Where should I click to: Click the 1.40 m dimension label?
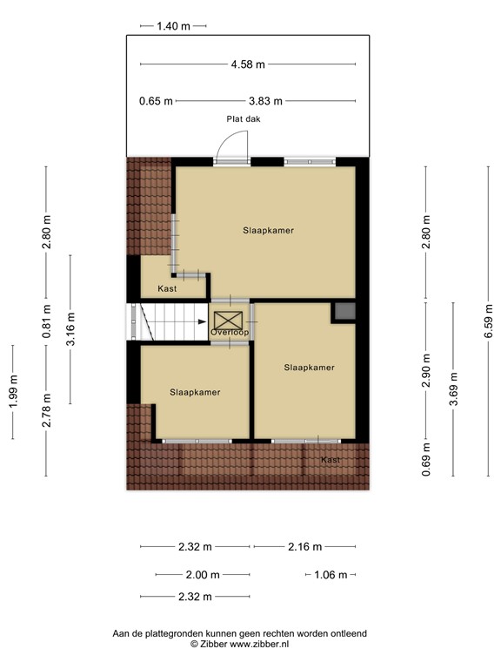173,26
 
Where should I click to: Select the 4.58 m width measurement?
248,64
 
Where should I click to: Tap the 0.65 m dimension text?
156,101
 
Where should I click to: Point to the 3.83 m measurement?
264,101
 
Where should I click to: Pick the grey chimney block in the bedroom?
344,312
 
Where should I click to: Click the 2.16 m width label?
304,547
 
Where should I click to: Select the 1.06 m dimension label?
331,575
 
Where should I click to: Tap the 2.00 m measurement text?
203,575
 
